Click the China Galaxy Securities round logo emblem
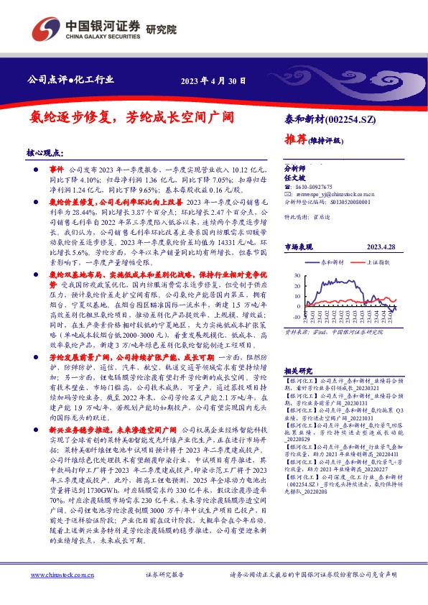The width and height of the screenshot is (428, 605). point(44,30)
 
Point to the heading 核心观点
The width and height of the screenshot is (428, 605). point(45,153)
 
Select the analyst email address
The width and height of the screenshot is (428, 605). point(331,194)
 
